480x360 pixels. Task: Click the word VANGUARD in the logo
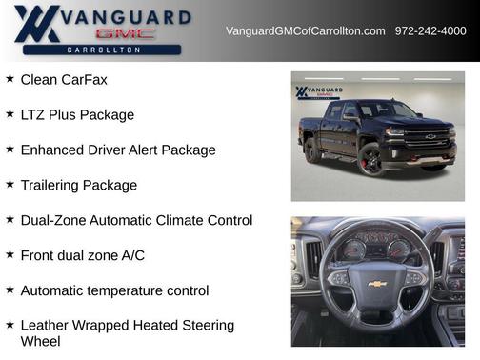130,17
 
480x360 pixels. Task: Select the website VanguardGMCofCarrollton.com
305,31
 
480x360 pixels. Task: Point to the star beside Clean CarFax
10,79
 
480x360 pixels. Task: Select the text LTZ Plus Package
77,115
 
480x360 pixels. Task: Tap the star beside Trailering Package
10,185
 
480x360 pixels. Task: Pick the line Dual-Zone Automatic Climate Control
136,220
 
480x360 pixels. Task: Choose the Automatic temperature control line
114,290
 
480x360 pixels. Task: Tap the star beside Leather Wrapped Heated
10,325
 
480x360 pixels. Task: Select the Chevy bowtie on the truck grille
430,136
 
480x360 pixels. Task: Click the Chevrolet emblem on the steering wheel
377,283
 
